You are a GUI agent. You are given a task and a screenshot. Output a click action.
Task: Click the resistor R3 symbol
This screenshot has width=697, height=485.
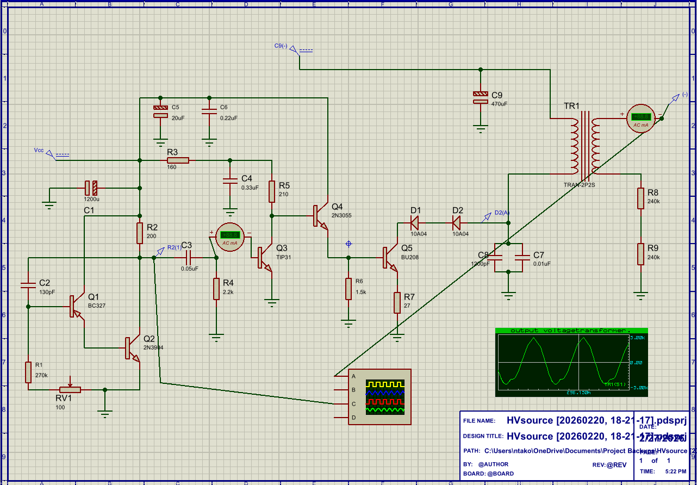(x=178, y=160)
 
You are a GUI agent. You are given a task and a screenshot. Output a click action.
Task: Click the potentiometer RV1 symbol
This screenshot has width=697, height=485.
(x=70, y=389)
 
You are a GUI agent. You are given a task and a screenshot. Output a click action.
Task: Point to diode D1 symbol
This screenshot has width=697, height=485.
(x=415, y=222)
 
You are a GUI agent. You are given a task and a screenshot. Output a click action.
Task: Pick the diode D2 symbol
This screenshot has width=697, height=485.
(x=456, y=222)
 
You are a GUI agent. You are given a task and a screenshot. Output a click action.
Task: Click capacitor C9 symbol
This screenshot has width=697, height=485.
(x=481, y=98)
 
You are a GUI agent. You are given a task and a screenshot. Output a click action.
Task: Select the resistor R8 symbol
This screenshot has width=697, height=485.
(x=642, y=198)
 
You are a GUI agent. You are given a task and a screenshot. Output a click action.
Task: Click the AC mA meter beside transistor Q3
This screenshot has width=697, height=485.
(x=231, y=235)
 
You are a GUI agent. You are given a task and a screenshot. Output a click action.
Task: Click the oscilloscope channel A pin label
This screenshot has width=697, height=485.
(x=353, y=376)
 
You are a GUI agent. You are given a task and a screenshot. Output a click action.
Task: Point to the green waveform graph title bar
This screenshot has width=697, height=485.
(x=571, y=331)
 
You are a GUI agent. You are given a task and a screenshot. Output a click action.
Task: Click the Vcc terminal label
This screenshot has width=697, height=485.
(x=39, y=150)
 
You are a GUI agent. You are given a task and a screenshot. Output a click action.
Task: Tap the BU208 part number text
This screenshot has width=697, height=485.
(x=410, y=257)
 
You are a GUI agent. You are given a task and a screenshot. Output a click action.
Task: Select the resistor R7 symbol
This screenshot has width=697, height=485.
(x=397, y=303)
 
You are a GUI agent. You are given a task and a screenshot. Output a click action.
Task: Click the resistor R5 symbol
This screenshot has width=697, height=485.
(x=271, y=191)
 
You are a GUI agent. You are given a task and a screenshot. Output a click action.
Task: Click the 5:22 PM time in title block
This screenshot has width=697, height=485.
(x=676, y=471)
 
